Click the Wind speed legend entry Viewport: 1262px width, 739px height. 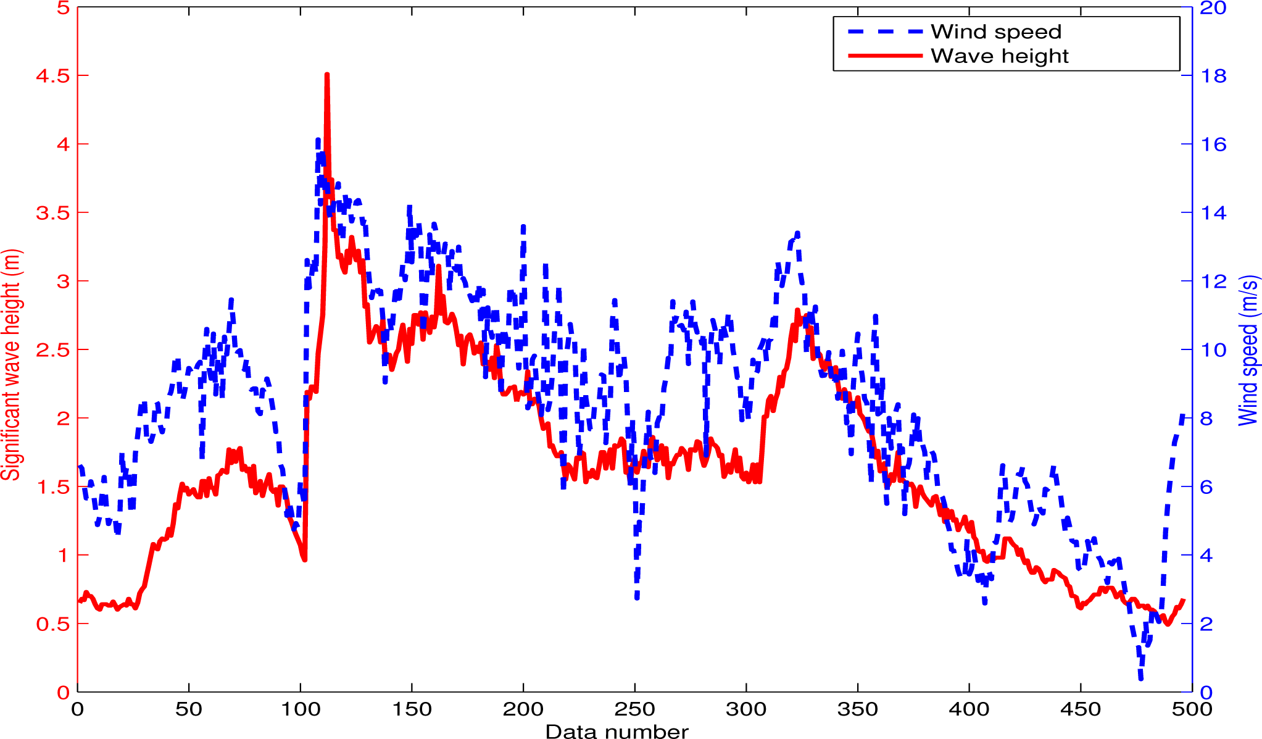click(x=995, y=31)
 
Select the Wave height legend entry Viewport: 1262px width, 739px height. click(x=999, y=56)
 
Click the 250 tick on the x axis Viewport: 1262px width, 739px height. click(x=634, y=709)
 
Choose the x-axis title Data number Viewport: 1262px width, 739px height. click(x=616, y=732)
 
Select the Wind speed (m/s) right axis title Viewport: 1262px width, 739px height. click(x=1248, y=350)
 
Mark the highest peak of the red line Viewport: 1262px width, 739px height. click(x=326, y=75)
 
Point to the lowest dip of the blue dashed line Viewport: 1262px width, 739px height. click(x=1140, y=678)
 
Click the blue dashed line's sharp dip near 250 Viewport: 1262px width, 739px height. click(x=637, y=598)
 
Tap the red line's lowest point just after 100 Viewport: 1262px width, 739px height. click(x=304, y=559)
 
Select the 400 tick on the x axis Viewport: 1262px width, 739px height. click(x=969, y=709)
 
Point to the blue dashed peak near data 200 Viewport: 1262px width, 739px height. click(x=523, y=227)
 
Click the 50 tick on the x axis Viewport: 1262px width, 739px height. click(x=189, y=709)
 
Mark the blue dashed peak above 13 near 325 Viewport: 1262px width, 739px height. click(x=797, y=233)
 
